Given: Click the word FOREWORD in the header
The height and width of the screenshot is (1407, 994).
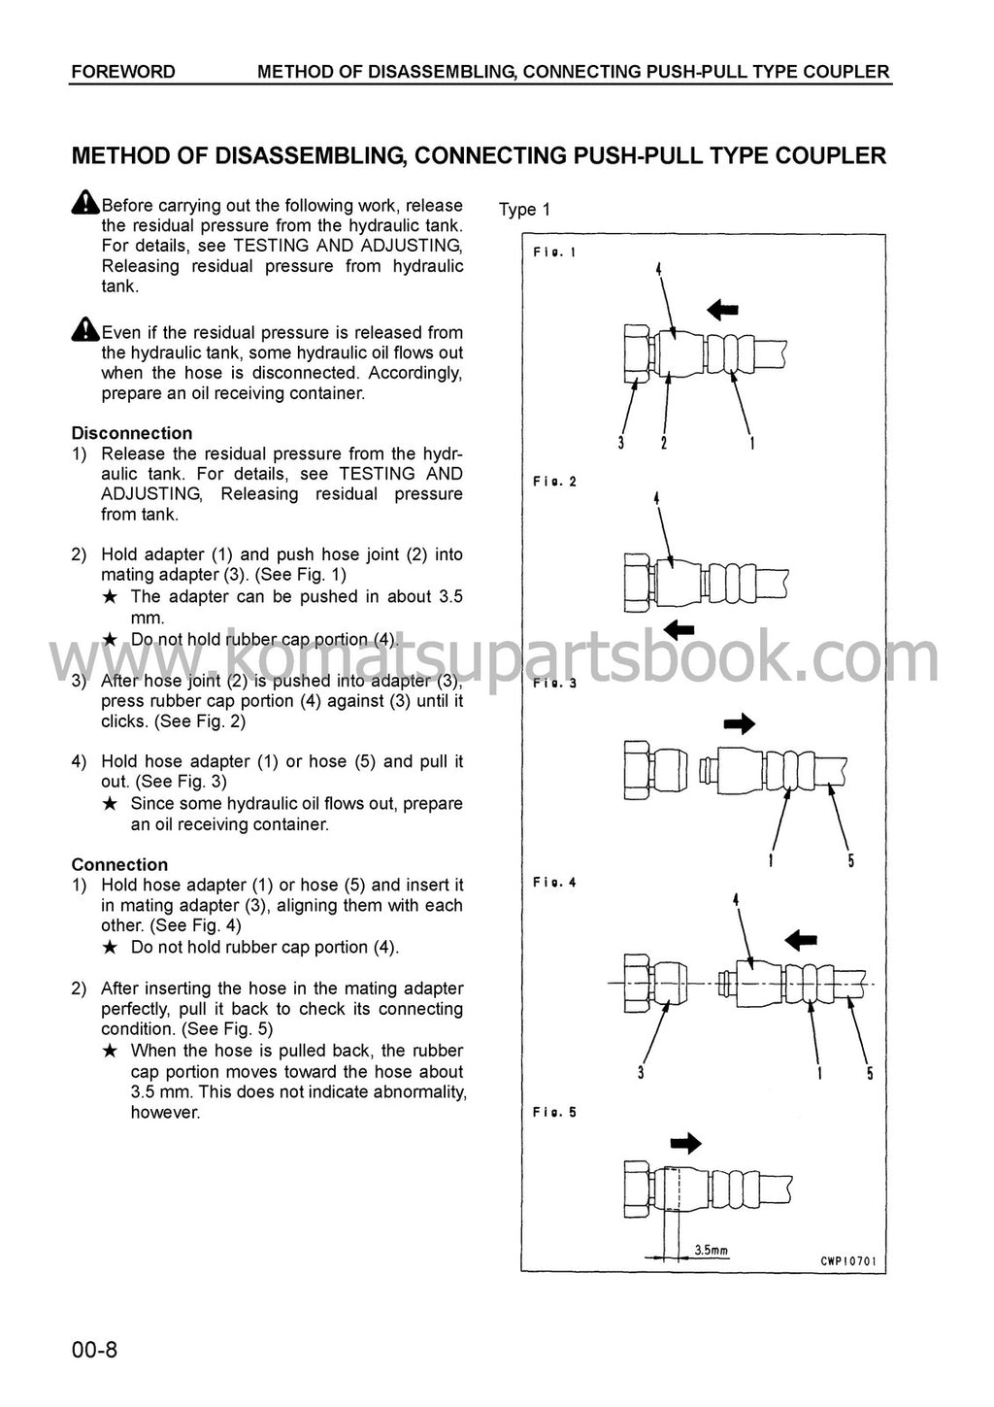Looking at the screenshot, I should point(123,72).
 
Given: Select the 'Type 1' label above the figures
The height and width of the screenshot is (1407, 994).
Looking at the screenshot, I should point(524,210).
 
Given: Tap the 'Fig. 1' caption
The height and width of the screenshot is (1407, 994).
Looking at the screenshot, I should point(554,252).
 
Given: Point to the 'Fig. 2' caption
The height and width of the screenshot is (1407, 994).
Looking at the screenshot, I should point(554,482).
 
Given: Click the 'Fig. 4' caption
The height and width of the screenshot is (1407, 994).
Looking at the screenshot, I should point(554,883).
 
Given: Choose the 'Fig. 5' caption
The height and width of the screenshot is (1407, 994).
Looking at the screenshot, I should point(554,1112).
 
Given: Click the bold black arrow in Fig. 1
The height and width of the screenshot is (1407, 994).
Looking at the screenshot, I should point(722,310).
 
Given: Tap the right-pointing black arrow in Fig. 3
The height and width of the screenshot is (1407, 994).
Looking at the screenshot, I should point(740,723).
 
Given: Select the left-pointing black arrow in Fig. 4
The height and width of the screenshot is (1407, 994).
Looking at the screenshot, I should point(800,940).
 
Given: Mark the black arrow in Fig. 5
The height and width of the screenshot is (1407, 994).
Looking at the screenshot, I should point(685,1143).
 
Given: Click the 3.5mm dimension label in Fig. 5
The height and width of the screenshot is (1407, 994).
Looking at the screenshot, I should point(712,1251).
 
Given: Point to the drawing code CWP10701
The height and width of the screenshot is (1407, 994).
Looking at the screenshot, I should point(847,1262).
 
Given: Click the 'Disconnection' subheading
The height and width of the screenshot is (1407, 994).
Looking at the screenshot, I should point(132,433).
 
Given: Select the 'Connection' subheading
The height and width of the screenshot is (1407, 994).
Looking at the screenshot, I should point(119,864).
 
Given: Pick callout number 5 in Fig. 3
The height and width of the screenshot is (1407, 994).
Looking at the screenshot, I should point(851,860).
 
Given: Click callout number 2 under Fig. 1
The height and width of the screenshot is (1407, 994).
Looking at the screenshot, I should point(663,444).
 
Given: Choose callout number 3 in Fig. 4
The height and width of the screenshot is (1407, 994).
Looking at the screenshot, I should point(642,1073).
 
